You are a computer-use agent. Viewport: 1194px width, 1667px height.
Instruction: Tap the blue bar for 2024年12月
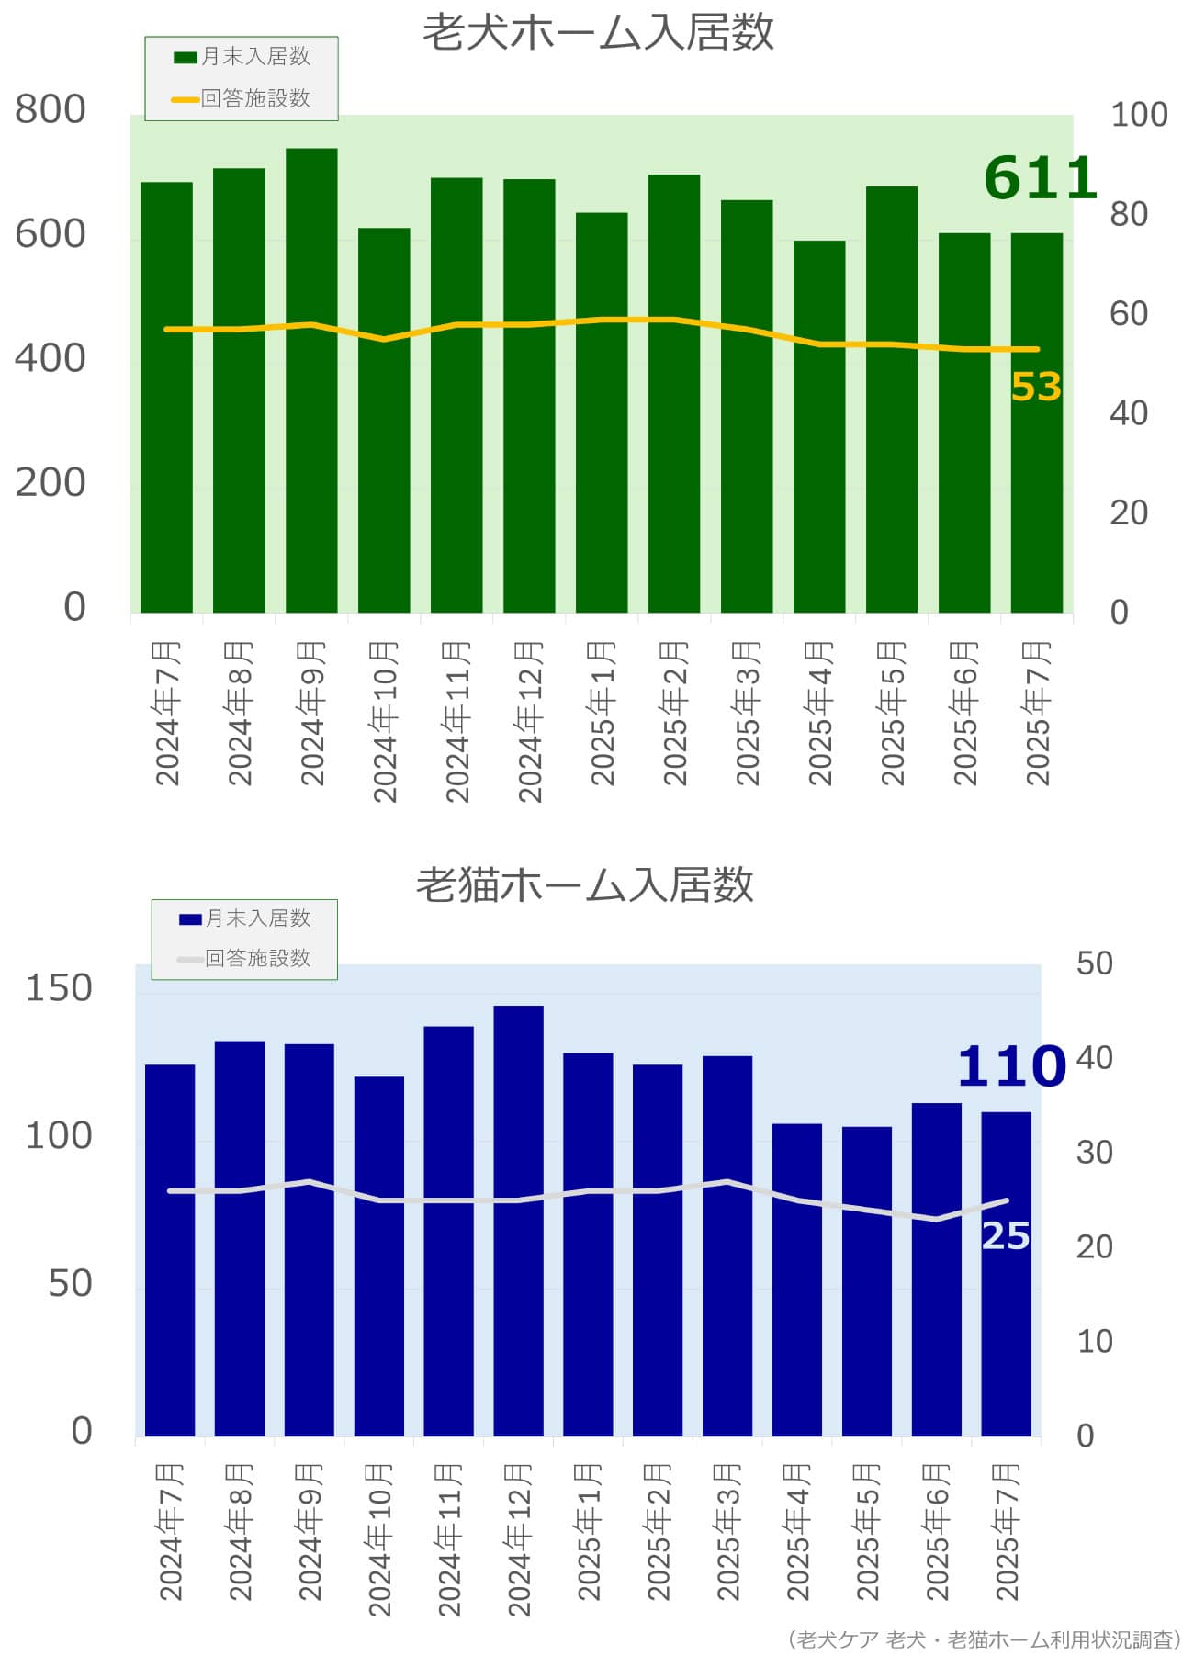[x=518, y=1221]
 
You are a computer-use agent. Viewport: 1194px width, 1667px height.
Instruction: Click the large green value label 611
[x=1040, y=178]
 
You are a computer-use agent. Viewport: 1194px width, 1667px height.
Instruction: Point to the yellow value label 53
[x=1036, y=387]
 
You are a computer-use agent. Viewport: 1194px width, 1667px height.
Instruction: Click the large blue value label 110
[x=1011, y=1066]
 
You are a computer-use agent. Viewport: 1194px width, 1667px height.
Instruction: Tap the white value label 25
[x=1006, y=1235]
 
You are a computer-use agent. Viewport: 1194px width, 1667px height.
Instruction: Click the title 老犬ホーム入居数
[x=598, y=33]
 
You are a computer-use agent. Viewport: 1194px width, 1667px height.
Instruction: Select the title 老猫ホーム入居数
[x=585, y=884]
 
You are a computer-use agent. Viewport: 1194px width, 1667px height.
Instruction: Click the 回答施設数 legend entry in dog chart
[x=242, y=98]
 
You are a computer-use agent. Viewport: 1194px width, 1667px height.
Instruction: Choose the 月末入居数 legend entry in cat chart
[x=245, y=918]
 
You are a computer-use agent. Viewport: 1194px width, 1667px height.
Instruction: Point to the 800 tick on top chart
[x=51, y=109]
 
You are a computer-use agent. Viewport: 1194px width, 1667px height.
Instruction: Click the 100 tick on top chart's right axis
[x=1139, y=115]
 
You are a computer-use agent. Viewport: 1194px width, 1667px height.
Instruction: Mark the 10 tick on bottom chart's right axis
[x=1095, y=1342]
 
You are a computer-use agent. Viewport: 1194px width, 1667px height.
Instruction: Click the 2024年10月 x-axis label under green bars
[x=384, y=721]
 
